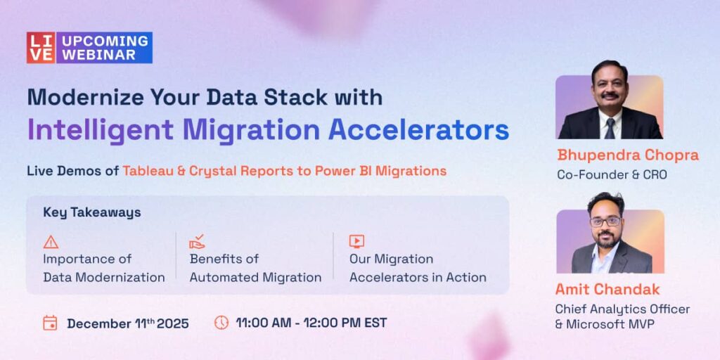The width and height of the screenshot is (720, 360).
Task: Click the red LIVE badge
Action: click(x=41, y=48)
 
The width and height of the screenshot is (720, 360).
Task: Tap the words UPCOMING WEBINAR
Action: click(x=105, y=48)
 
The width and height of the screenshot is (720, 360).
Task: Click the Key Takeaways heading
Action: click(x=91, y=212)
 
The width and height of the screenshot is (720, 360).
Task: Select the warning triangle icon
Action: click(x=51, y=242)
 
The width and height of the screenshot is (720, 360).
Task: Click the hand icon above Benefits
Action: click(x=197, y=242)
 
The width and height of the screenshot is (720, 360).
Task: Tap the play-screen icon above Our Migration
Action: click(x=356, y=242)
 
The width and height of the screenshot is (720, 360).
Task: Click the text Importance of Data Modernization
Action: click(x=103, y=268)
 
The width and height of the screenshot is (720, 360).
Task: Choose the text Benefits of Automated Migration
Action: click(x=255, y=268)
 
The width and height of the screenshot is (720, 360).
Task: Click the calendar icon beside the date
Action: click(x=50, y=323)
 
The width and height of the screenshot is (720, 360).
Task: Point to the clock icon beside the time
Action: click(x=221, y=323)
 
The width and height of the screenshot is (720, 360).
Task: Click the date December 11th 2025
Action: click(x=127, y=323)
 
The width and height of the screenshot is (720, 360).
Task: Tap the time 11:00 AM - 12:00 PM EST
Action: click(x=311, y=323)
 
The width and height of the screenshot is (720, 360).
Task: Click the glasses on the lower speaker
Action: click(x=605, y=221)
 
